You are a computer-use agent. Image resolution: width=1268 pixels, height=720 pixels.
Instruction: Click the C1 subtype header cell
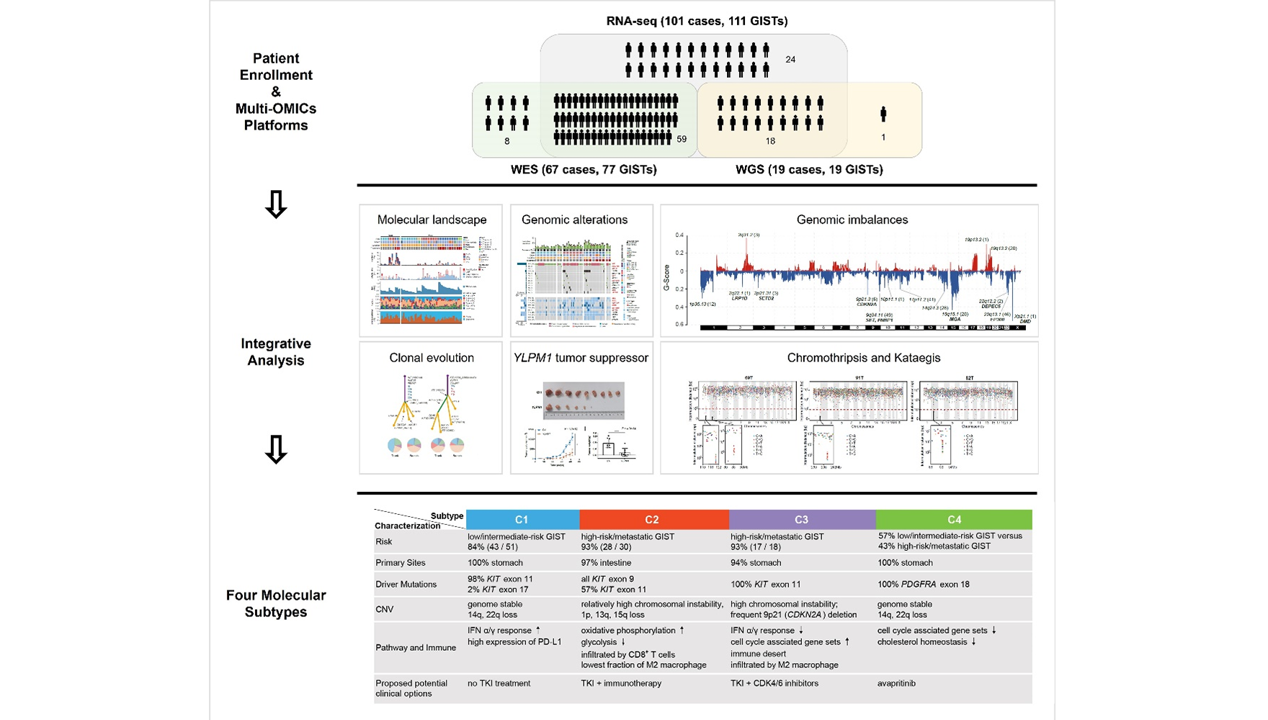522,519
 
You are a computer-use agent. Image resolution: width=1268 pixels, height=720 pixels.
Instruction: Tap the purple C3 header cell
802,519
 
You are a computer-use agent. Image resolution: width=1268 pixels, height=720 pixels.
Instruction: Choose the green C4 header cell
954,519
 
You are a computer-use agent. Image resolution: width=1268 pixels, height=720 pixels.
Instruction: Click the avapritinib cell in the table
896,683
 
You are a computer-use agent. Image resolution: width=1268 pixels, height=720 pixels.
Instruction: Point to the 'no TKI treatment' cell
499,683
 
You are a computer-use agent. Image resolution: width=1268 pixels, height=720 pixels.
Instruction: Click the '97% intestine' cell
606,563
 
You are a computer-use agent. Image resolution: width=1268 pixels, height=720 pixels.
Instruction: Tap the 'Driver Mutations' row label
406,584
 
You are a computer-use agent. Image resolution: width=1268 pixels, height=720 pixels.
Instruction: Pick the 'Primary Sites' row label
400,563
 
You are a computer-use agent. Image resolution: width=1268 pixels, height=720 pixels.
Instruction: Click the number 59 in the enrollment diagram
682,139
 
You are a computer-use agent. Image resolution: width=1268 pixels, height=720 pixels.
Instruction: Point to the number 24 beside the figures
790,59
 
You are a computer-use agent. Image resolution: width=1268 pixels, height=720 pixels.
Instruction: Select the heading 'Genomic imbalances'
852,220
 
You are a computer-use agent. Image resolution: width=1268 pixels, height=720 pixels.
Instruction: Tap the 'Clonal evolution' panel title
432,358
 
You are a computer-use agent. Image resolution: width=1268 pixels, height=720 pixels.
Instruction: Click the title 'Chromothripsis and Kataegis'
863,358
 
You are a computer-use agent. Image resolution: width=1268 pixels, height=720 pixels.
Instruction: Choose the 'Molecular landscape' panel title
432,220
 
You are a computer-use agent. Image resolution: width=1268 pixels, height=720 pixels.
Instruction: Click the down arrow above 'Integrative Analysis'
276,204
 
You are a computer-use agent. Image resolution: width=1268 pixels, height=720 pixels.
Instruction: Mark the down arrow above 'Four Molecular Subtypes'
276,449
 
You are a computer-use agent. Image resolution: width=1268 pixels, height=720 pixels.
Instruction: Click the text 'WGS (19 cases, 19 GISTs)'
808,170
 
